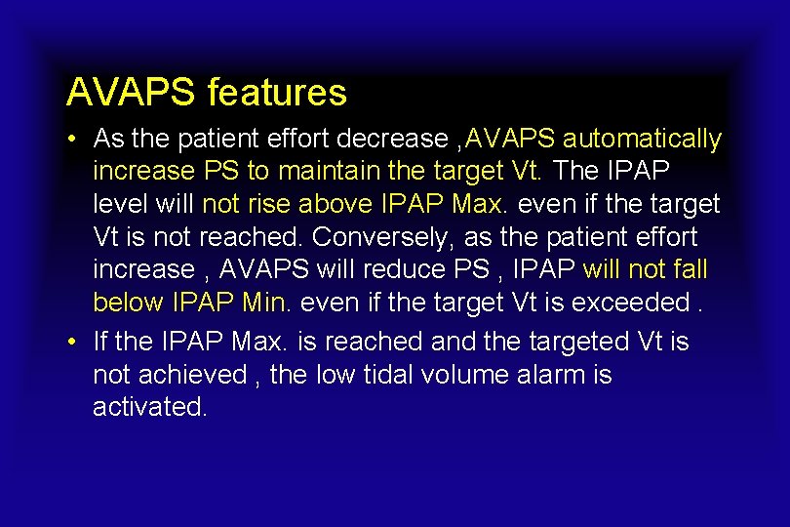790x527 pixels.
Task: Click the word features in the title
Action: click(x=277, y=93)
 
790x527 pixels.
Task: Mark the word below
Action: click(x=128, y=303)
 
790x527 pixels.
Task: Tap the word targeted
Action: click(x=568, y=342)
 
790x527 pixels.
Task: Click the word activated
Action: click(x=149, y=407)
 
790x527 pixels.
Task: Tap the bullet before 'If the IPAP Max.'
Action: click(x=73, y=343)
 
